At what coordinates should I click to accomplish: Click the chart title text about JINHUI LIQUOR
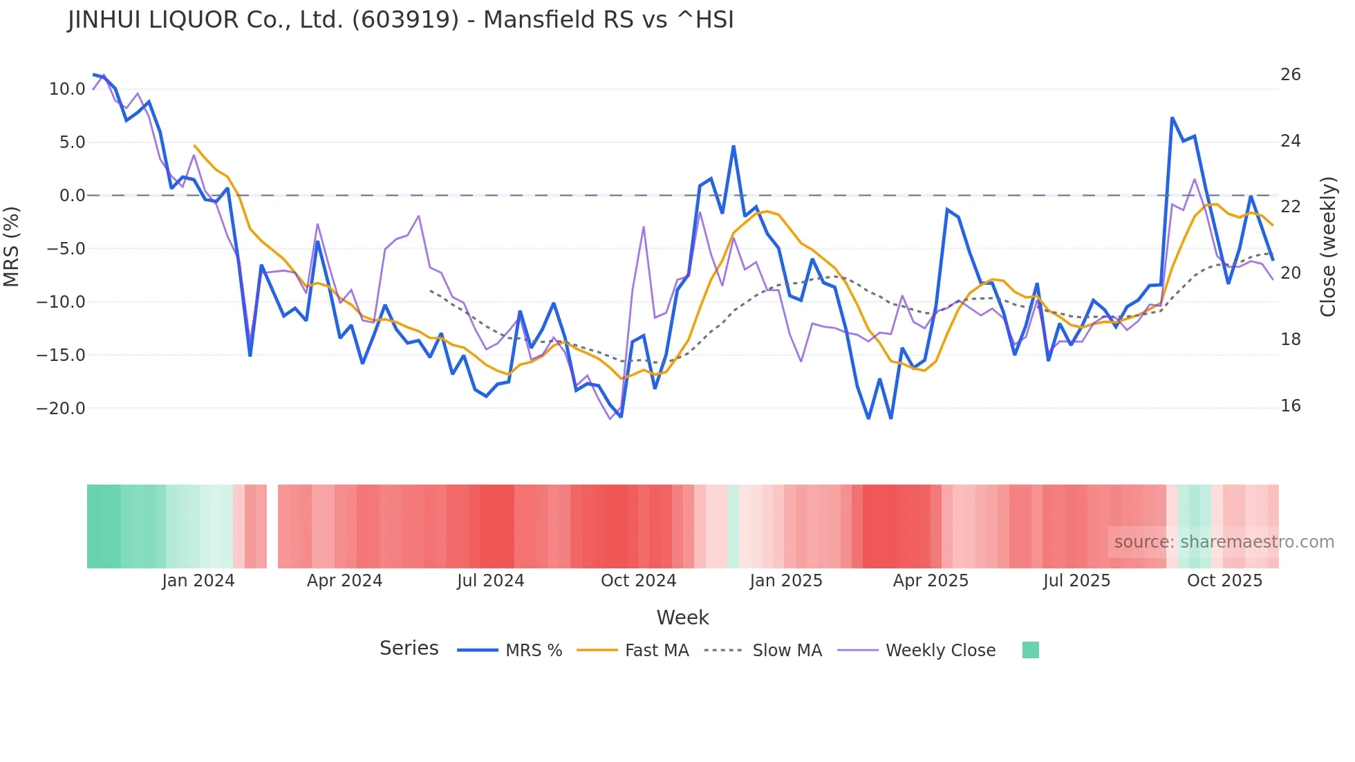(400, 20)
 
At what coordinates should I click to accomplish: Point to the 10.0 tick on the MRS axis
(67, 89)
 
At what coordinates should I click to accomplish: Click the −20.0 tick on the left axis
(61, 408)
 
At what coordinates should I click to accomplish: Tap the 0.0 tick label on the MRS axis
(72, 196)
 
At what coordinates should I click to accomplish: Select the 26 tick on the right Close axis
(1290, 75)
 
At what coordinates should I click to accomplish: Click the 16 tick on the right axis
(1290, 406)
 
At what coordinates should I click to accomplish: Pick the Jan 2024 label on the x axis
(198, 581)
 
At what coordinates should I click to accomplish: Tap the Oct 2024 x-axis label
(638, 581)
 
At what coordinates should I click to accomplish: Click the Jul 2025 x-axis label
(1076, 581)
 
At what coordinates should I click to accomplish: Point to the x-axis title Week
(682, 617)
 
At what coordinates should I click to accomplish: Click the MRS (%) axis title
(12, 246)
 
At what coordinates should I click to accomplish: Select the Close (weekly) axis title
(1327, 246)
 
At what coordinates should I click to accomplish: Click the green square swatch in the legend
(1030, 650)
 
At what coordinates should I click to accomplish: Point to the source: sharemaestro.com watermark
(1224, 542)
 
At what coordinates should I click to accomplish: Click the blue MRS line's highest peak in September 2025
(1172, 118)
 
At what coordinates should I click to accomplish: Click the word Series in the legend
(409, 649)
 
